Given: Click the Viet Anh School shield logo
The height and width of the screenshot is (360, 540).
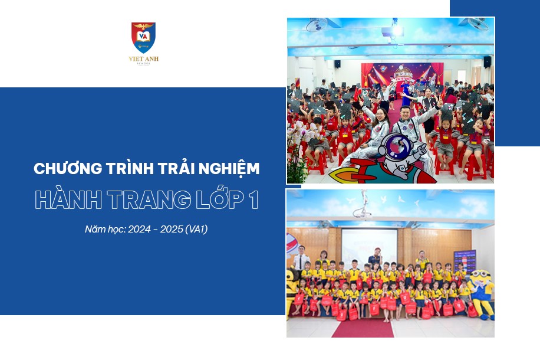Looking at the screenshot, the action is click(x=143, y=37).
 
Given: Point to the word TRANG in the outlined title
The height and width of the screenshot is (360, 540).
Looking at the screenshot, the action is click(x=149, y=200).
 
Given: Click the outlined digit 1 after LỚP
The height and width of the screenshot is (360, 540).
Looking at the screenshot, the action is click(x=254, y=200).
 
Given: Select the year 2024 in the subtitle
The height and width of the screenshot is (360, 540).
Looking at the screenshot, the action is click(x=139, y=230).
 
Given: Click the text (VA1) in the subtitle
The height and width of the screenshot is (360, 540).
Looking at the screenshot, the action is click(x=196, y=230).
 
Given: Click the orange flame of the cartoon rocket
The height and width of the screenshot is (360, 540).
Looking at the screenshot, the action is click(x=342, y=175).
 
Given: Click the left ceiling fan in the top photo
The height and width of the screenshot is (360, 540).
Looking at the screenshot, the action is click(x=316, y=24).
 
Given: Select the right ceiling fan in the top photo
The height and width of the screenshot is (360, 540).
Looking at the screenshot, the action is click(x=478, y=24).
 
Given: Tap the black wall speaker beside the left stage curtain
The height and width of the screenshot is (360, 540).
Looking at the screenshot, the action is click(x=337, y=64).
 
